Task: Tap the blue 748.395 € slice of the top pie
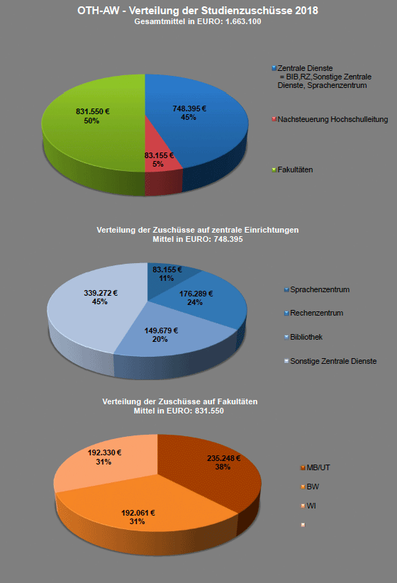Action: click(x=197, y=123)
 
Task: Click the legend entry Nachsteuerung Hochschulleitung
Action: click(x=330, y=119)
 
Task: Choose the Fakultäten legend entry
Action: click(x=292, y=170)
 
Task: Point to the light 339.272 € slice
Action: click(x=96, y=309)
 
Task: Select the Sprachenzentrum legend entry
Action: click(x=317, y=289)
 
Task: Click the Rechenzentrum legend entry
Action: click(x=313, y=313)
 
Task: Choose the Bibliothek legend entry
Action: click(x=303, y=337)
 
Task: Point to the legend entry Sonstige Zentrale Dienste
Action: click(x=330, y=361)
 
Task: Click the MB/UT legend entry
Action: click(x=315, y=467)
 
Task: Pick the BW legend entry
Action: click(x=310, y=487)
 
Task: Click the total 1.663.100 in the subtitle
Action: click(x=243, y=21)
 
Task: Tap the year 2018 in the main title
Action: click(x=307, y=11)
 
